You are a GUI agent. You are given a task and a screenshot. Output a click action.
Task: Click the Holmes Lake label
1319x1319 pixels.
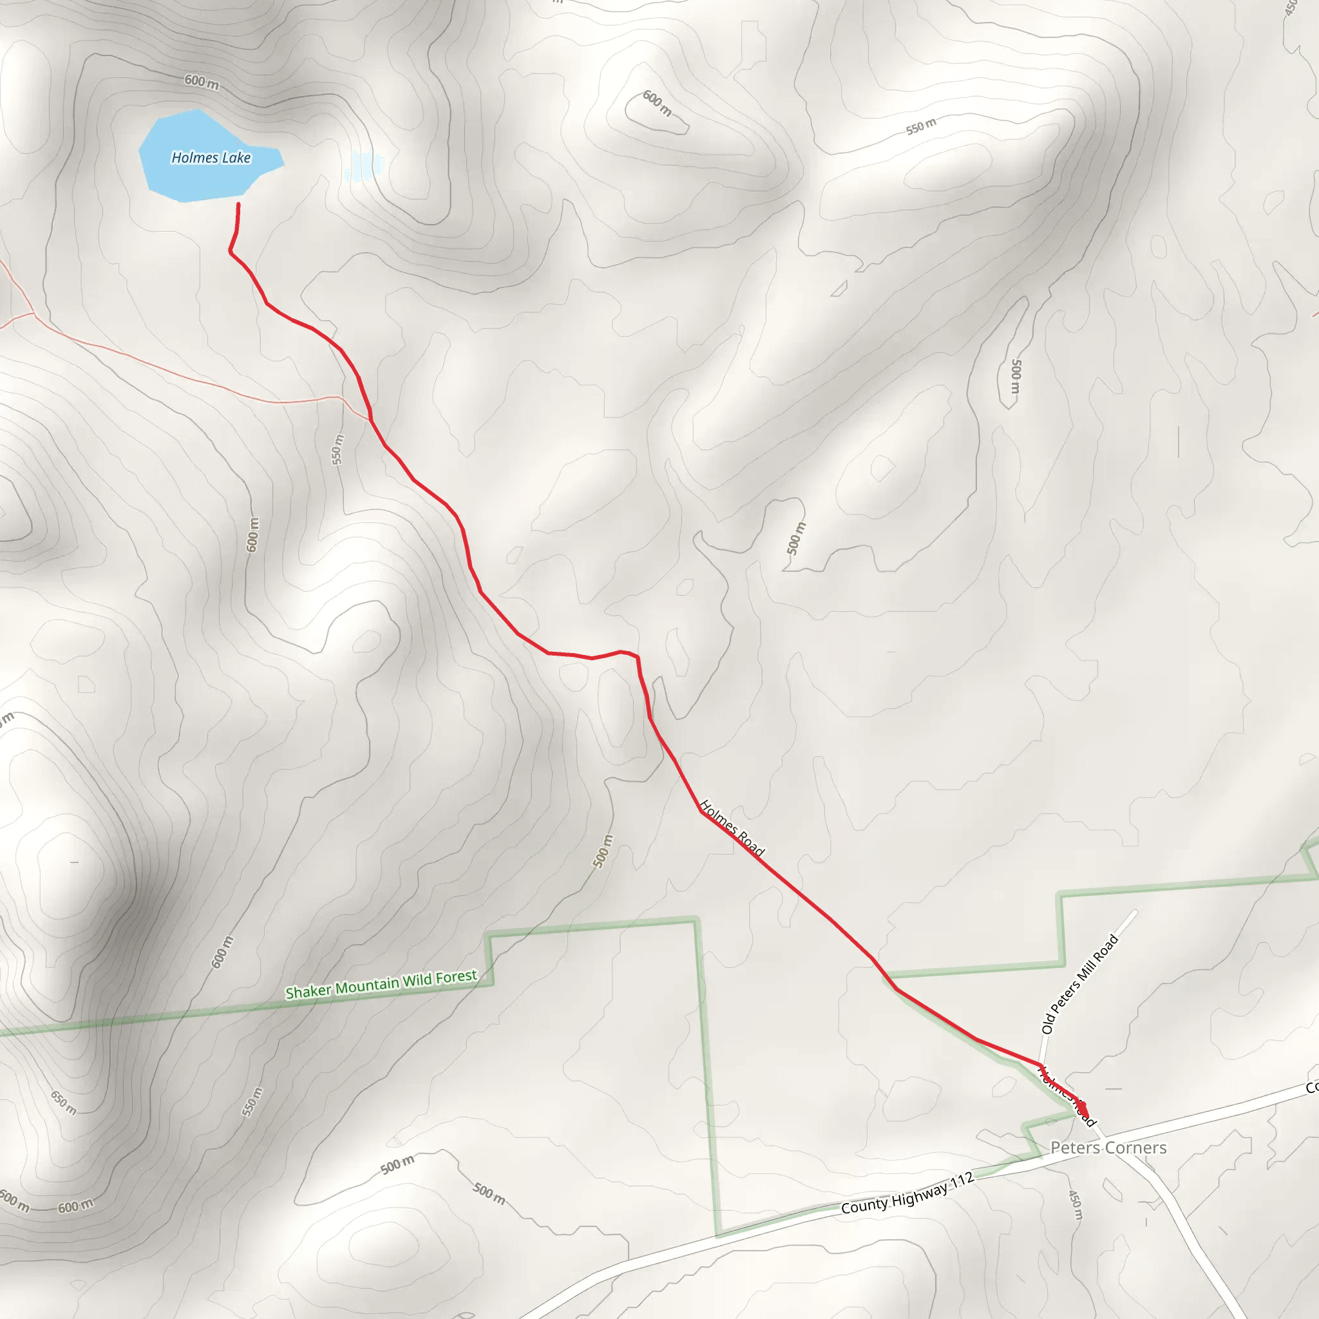(x=211, y=158)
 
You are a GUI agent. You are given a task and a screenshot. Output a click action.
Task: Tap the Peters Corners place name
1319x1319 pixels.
(x=1108, y=1148)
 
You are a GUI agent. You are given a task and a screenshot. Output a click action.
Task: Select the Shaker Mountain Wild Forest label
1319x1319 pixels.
(x=381, y=984)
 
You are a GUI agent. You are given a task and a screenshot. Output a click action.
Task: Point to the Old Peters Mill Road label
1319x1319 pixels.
(x=1079, y=984)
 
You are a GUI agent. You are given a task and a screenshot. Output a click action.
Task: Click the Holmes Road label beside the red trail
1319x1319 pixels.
(x=732, y=828)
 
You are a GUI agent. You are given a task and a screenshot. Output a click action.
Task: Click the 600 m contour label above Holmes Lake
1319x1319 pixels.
(x=202, y=82)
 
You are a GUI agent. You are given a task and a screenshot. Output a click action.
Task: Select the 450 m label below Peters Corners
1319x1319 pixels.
(x=1075, y=1205)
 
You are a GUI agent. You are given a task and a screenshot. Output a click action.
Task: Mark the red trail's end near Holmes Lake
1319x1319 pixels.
(x=238, y=204)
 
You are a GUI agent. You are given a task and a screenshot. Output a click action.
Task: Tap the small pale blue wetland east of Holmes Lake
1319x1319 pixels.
(x=364, y=166)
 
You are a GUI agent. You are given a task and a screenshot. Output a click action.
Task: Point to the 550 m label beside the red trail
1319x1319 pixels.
(x=338, y=450)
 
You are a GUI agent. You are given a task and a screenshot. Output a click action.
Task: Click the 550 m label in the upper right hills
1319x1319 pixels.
(x=921, y=127)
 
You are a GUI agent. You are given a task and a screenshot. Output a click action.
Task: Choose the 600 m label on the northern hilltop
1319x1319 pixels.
(x=657, y=103)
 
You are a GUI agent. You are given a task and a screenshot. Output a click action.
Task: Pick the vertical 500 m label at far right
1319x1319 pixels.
(x=1016, y=376)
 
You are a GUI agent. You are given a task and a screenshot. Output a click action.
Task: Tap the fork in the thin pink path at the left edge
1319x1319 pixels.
(x=33, y=315)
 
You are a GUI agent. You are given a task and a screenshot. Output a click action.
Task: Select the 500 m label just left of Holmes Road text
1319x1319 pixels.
(x=603, y=851)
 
